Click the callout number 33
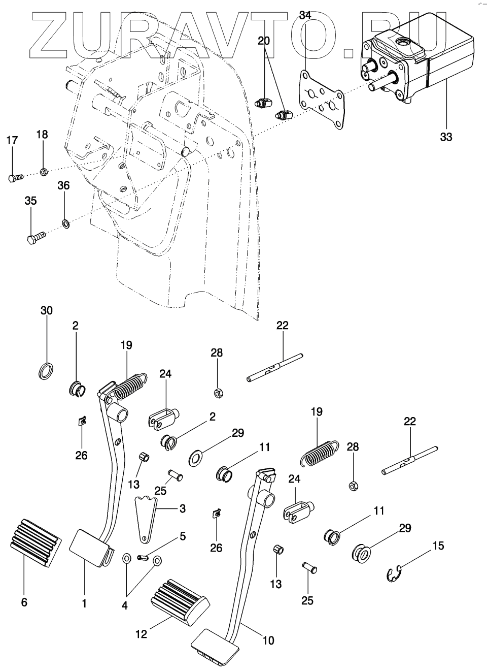click(446, 137)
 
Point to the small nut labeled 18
click(44, 172)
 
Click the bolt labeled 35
click(36, 237)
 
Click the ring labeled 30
click(46, 371)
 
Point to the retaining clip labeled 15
click(394, 573)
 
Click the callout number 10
click(269, 641)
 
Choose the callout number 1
click(84, 603)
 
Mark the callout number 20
click(264, 41)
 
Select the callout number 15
click(438, 546)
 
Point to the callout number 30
click(46, 310)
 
